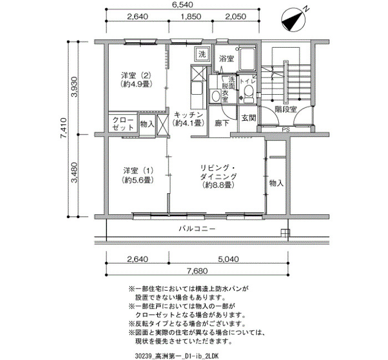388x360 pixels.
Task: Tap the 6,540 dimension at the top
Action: (x=182, y=4)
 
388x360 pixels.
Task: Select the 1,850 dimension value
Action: (x=191, y=17)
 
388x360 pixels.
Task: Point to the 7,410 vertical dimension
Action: (x=63, y=129)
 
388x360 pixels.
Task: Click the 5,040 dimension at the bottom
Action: (x=228, y=259)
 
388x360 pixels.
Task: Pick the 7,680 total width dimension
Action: (x=197, y=271)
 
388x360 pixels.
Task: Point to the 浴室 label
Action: (x=226, y=59)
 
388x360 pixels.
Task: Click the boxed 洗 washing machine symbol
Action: (x=202, y=54)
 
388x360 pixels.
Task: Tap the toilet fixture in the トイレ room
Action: (x=248, y=94)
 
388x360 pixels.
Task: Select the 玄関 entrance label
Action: (x=248, y=118)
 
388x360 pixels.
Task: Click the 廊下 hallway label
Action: (x=222, y=123)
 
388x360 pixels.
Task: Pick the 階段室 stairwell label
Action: (x=286, y=109)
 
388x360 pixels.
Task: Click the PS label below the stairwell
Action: (x=286, y=130)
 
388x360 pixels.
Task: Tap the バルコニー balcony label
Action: (x=197, y=228)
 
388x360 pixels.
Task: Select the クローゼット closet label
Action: (x=123, y=124)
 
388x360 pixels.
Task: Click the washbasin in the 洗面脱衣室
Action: (x=215, y=96)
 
